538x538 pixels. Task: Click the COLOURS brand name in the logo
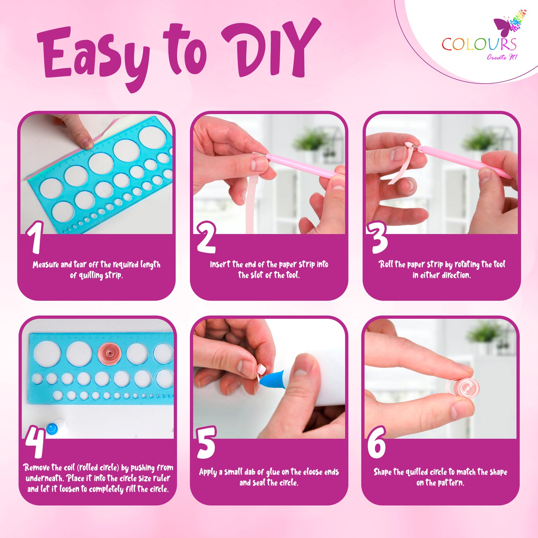tap(479, 44)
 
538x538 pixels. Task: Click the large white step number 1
tap(35, 237)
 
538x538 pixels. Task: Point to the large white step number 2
tap(206, 237)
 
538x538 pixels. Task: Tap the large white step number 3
tap(377, 237)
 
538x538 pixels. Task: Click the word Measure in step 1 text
tap(45, 265)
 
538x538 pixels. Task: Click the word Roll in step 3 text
tap(386, 264)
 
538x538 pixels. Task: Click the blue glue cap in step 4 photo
tap(52, 429)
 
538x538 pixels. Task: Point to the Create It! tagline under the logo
tap(502, 57)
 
